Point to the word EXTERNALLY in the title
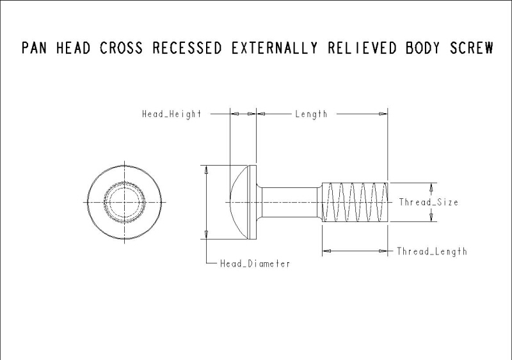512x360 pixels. pyautogui.click(x=275, y=49)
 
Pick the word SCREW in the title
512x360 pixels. pyautogui.click(x=472, y=49)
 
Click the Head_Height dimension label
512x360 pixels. pyautogui.click(x=172, y=114)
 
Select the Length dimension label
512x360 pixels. pyautogui.click(x=311, y=114)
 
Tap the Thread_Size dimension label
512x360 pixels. pyautogui.click(x=428, y=202)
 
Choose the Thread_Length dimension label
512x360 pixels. pyautogui.click(x=431, y=251)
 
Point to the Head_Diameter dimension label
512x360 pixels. pyautogui.click(x=255, y=263)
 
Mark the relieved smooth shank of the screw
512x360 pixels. pyautogui.click(x=290, y=202)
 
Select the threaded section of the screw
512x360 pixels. pyautogui.click(x=355, y=202)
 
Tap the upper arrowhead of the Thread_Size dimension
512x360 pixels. pyautogui.click(x=431, y=187)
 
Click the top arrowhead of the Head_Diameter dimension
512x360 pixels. pyautogui.click(x=205, y=169)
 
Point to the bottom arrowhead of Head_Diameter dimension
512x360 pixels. pyautogui.click(x=205, y=235)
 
